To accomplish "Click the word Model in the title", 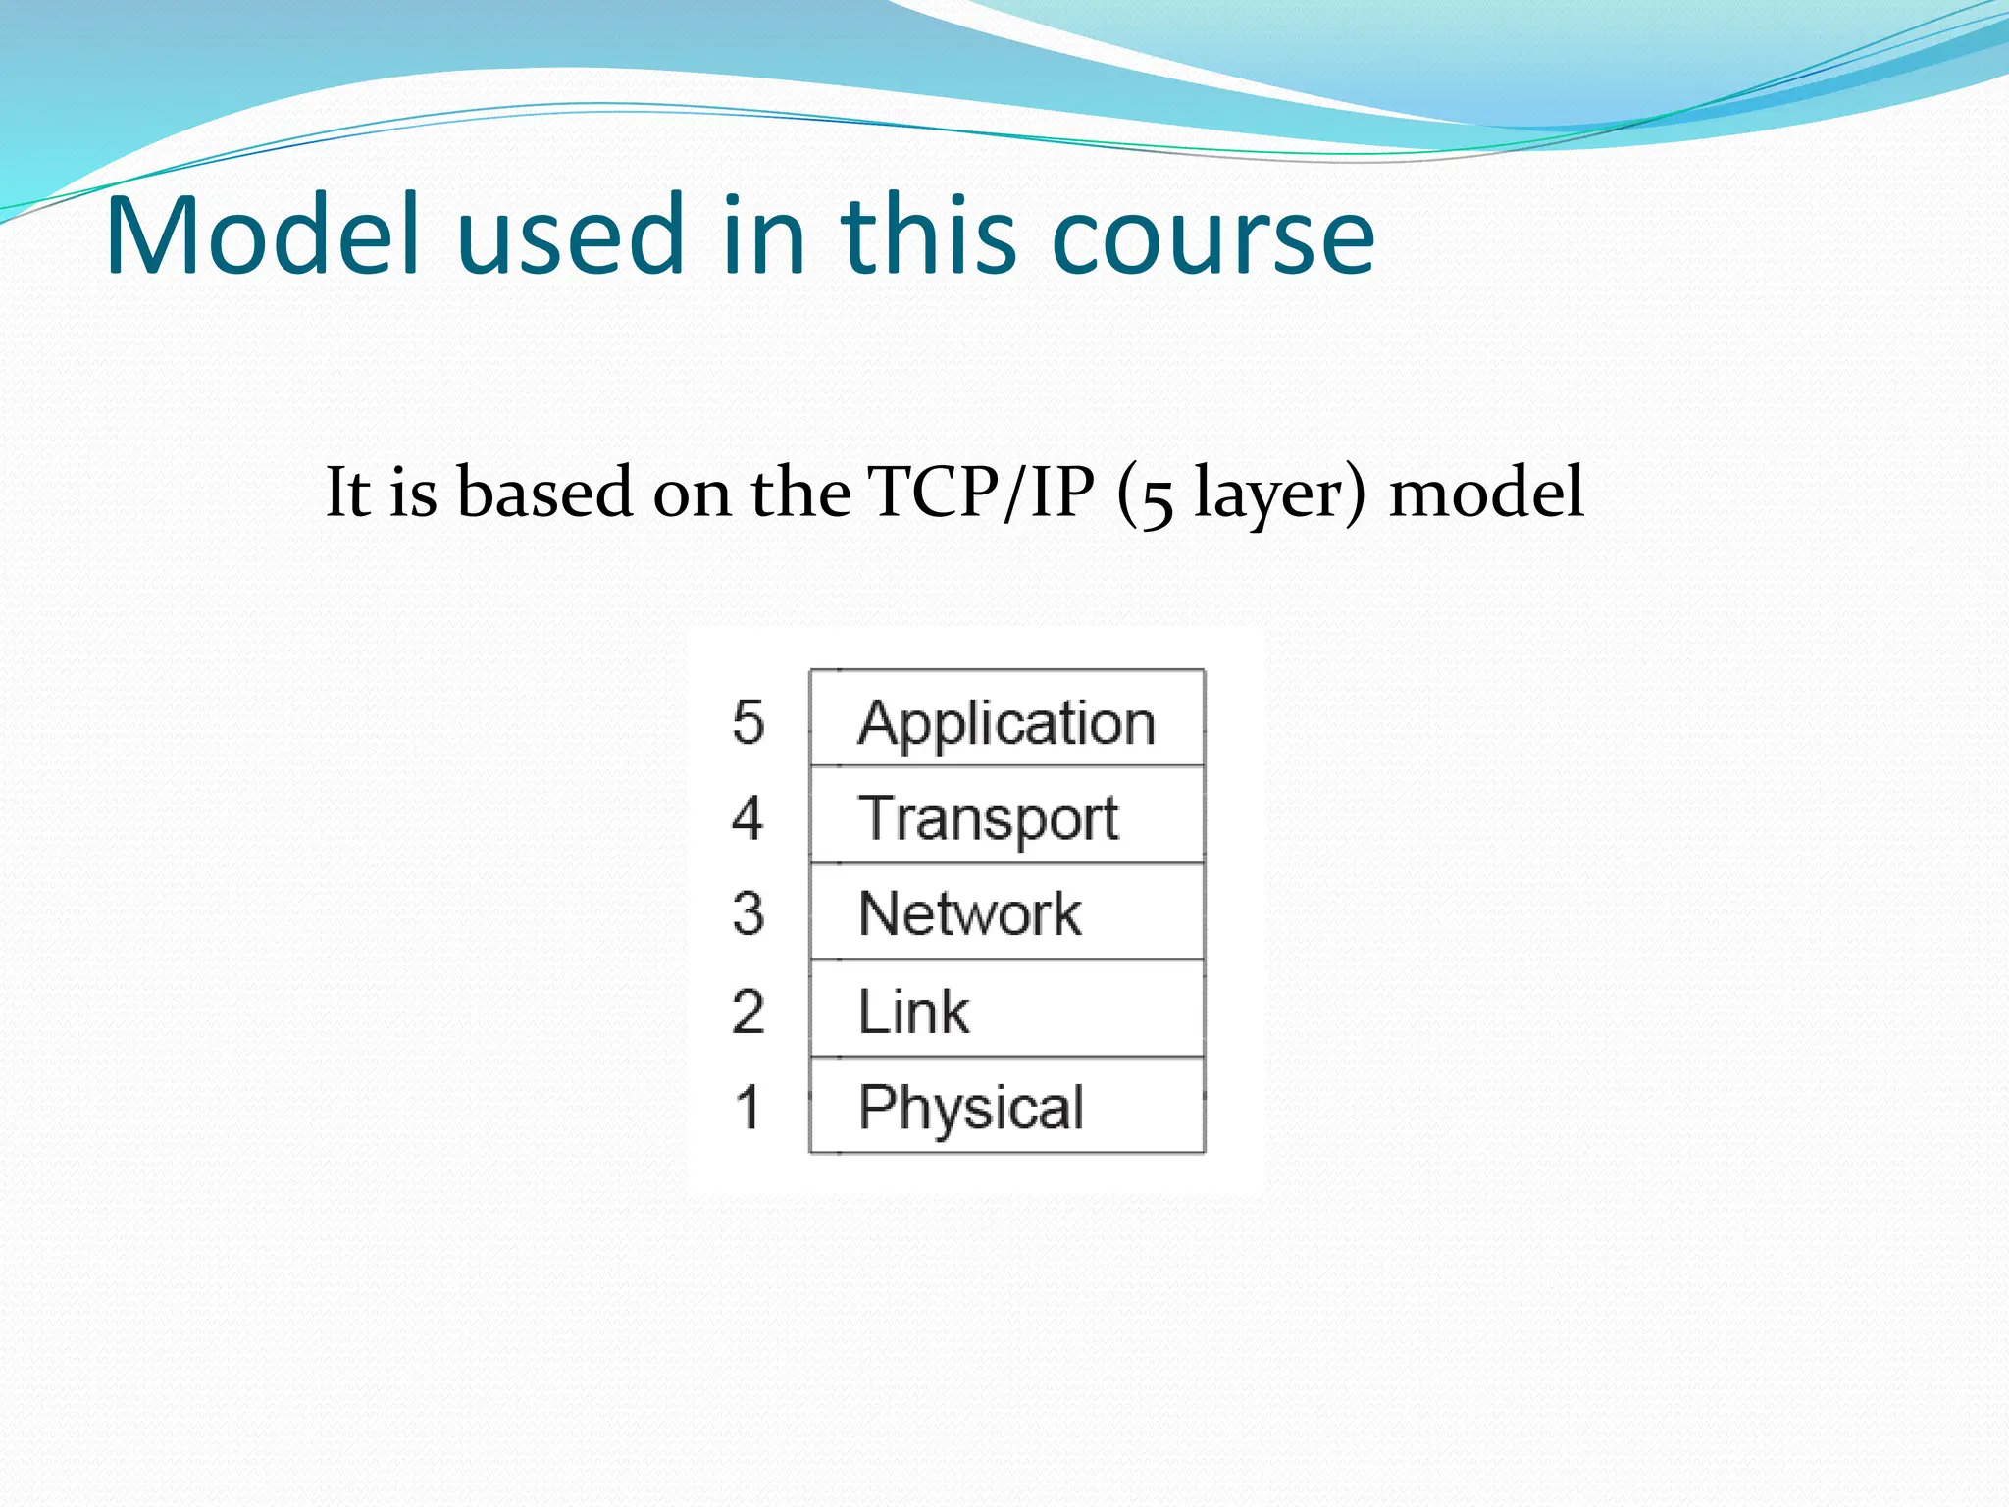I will tap(263, 235).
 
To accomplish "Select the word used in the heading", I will tap(570, 235).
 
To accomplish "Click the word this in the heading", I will tap(927, 235).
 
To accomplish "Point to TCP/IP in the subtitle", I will tap(980, 493).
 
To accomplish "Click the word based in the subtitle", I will tap(544, 493).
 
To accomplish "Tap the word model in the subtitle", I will tap(1486, 493).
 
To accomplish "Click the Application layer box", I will tap(1006, 719).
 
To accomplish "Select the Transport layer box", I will tap(1006, 815).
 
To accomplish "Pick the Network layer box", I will tap(1006, 912).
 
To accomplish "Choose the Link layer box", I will tap(1006, 1010).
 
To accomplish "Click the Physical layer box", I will tap(1006, 1106).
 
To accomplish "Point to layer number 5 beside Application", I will tap(747, 722).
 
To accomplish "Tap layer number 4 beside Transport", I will tap(747, 817).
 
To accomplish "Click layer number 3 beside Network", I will tap(747, 913).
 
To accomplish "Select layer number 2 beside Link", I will tap(747, 1011).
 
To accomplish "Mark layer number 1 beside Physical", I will tap(747, 1107).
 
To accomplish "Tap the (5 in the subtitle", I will tap(1144, 495).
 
